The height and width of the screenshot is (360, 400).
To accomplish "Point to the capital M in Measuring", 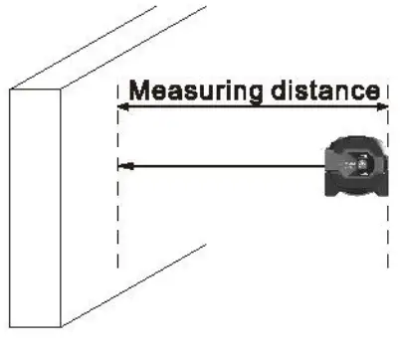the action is (140, 90).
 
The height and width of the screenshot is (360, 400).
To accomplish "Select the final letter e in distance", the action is (374, 91).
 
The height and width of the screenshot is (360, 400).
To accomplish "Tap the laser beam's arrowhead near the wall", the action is (123, 165).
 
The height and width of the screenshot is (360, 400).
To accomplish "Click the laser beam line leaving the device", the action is (229, 165).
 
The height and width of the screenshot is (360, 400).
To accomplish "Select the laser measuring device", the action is (357, 166).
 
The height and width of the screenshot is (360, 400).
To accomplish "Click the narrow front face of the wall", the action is (36, 209).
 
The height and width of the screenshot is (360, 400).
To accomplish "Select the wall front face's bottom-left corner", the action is (9, 327).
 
